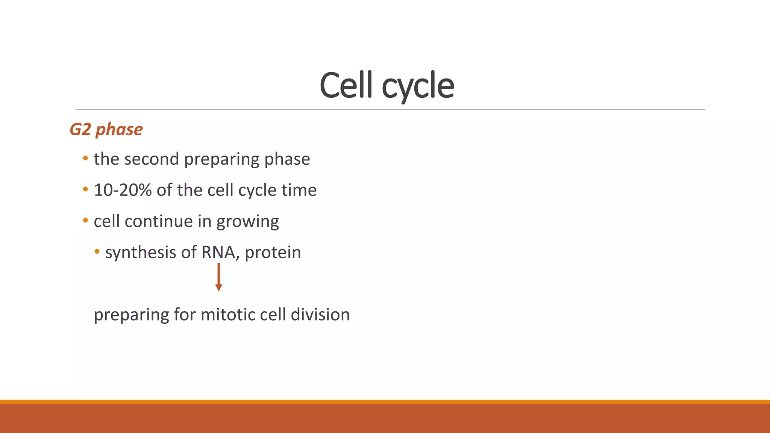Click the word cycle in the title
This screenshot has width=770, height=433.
(418, 86)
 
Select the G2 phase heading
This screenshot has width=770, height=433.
(106, 130)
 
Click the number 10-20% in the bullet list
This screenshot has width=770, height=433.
(123, 190)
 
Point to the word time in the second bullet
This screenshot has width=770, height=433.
(299, 190)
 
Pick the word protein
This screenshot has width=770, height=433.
(273, 253)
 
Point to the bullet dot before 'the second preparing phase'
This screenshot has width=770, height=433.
(85, 159)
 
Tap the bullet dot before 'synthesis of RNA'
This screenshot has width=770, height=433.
(97, 252)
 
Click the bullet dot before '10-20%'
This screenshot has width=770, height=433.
(85, 190)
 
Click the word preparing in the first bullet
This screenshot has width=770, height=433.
(222, 159)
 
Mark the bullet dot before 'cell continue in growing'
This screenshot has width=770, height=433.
(85, 221)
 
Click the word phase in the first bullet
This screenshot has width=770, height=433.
(287, 159)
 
